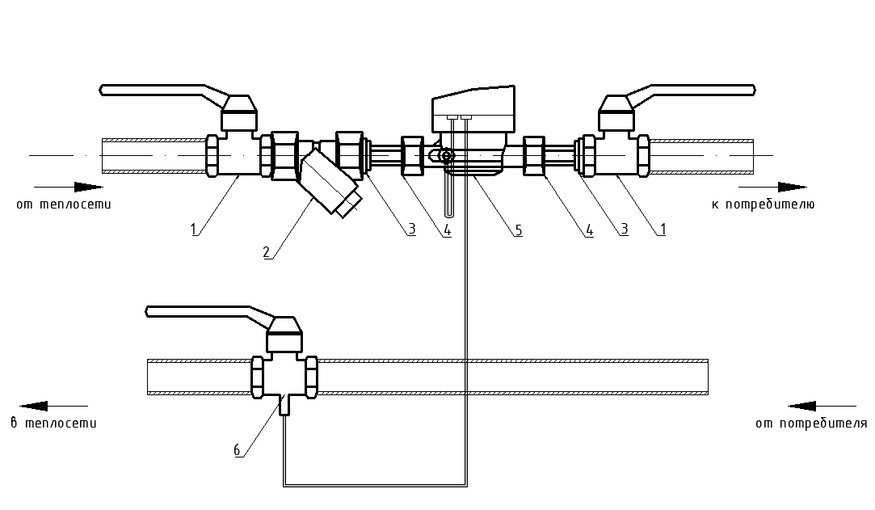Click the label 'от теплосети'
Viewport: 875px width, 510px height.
[x=64, y=204]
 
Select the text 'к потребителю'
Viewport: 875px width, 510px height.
[x=763, y=204]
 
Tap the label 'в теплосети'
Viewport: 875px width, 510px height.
[x=53, y=423]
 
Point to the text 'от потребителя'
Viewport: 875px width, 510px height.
[x=811, y=423]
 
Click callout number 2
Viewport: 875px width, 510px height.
[x=266, y=251]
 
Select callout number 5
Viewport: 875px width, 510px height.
[x=518, y=230]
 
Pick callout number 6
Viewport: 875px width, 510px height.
[x=238, y=450]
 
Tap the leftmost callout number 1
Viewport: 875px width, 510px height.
[x=194, y=230]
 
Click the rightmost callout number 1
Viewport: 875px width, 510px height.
[x=662, y=230]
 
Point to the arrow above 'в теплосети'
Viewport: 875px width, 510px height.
[x=53, y=406]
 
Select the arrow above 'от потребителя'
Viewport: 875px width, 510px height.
[x=821, y=406]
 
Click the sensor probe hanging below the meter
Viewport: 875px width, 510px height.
[x=448, y=194]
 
